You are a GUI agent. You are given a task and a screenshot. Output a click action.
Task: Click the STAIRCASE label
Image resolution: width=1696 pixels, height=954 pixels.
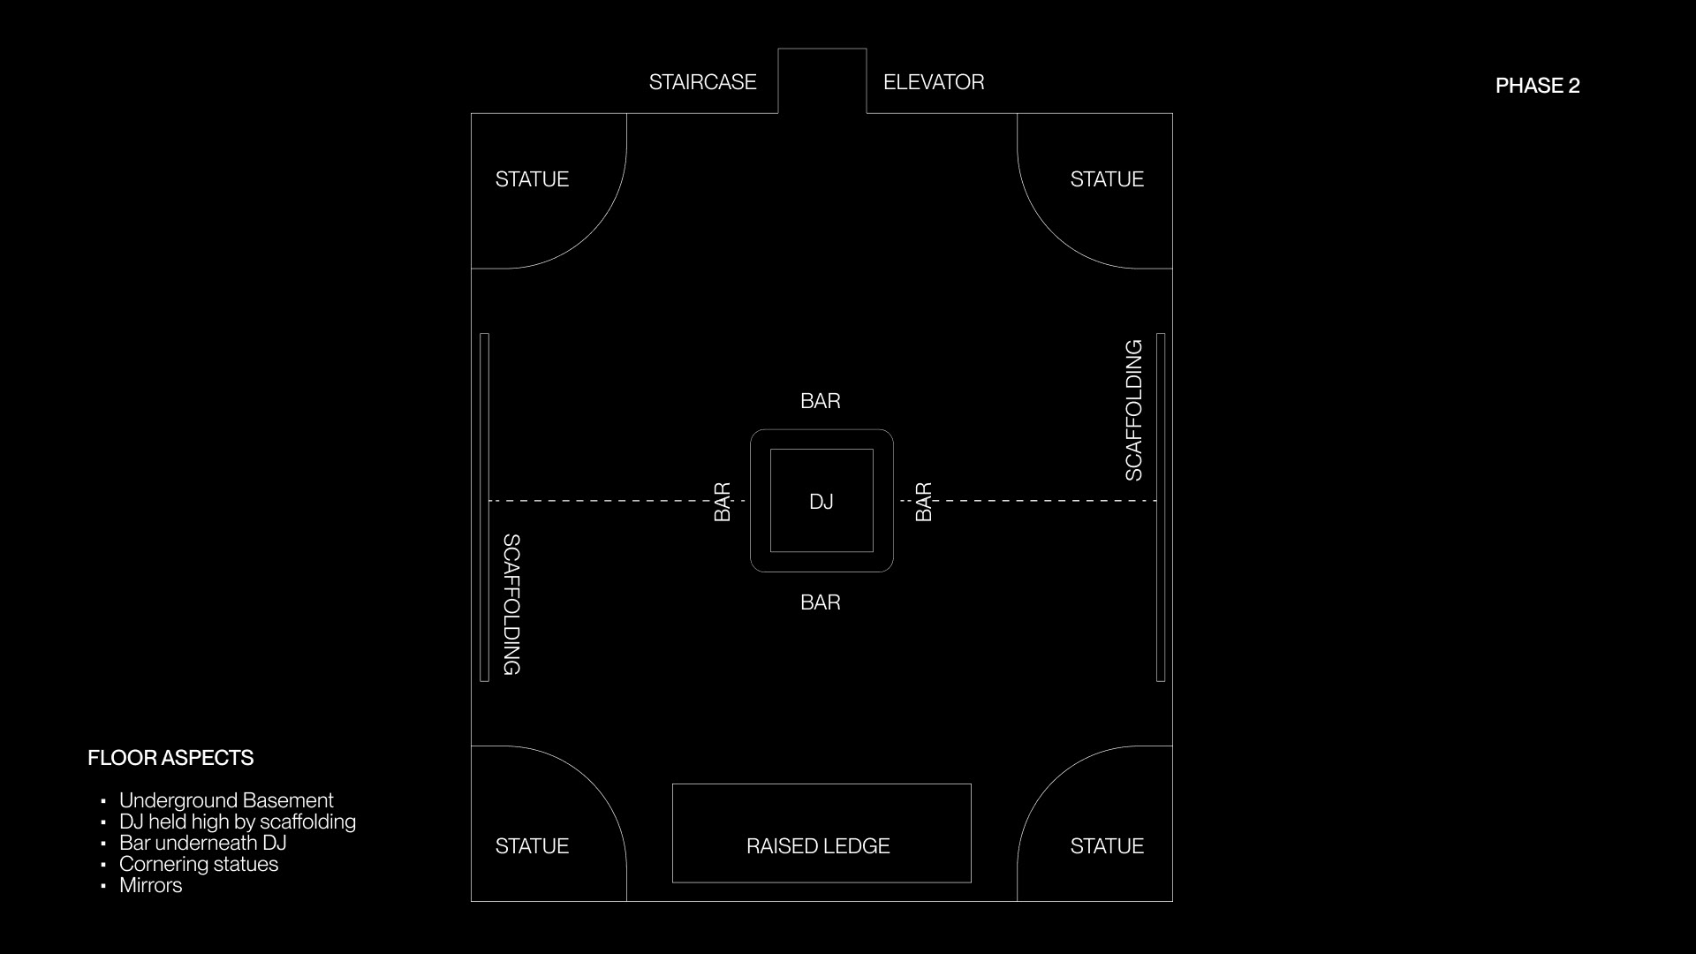(x=702, y=82)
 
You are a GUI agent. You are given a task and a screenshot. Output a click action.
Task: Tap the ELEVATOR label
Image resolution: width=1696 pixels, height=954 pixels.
(x=934, y=82)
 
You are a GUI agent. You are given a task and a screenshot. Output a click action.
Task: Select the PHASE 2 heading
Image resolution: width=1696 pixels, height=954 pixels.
(x=1537, y=86)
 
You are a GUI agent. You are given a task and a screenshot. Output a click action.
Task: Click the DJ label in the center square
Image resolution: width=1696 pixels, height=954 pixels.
(x=821, y=502)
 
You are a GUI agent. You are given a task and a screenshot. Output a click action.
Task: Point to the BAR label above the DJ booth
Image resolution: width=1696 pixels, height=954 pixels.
(x=821, y=401)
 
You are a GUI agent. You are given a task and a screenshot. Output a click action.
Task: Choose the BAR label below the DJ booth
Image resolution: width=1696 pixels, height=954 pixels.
(x=821, y=602)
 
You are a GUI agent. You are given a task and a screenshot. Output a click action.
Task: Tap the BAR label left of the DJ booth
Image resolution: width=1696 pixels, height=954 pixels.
(x=722, y=502)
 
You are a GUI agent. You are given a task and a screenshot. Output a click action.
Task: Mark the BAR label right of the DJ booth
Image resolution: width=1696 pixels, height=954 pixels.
(x=923, y=502)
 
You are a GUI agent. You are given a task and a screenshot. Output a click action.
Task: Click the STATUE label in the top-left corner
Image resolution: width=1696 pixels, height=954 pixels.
(x=532, y=179)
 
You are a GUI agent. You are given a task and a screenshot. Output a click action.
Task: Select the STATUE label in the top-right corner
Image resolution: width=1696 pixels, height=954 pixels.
(x=1107, y=179)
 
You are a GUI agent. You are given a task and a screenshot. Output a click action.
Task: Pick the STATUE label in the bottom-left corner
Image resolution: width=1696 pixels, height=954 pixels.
(x=532, y=846)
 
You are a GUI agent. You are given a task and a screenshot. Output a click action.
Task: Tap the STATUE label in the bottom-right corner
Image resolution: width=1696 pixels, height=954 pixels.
(x=1107, y=846)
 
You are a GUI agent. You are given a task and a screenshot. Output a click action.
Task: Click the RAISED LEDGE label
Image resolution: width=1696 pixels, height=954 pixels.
(x=818, y=846)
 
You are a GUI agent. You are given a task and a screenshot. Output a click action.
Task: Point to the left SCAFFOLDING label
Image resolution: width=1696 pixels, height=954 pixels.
(x=511, y=604)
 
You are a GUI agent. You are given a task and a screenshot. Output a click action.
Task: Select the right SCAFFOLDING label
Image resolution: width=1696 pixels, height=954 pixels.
(x=1133, y=410)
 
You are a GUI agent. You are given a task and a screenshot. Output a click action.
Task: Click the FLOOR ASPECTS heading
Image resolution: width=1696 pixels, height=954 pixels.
(x=170, y=758)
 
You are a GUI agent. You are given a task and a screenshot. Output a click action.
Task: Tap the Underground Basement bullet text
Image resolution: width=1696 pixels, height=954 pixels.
(x=226, y=800)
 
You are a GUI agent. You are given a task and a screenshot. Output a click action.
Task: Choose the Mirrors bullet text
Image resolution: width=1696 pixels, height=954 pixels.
(x=150, y=885)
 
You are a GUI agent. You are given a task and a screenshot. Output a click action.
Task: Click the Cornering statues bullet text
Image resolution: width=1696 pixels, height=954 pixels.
(x=199, y=864)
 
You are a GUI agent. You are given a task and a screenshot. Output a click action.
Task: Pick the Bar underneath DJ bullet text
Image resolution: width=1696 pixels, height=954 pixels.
(x=202, y=843)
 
